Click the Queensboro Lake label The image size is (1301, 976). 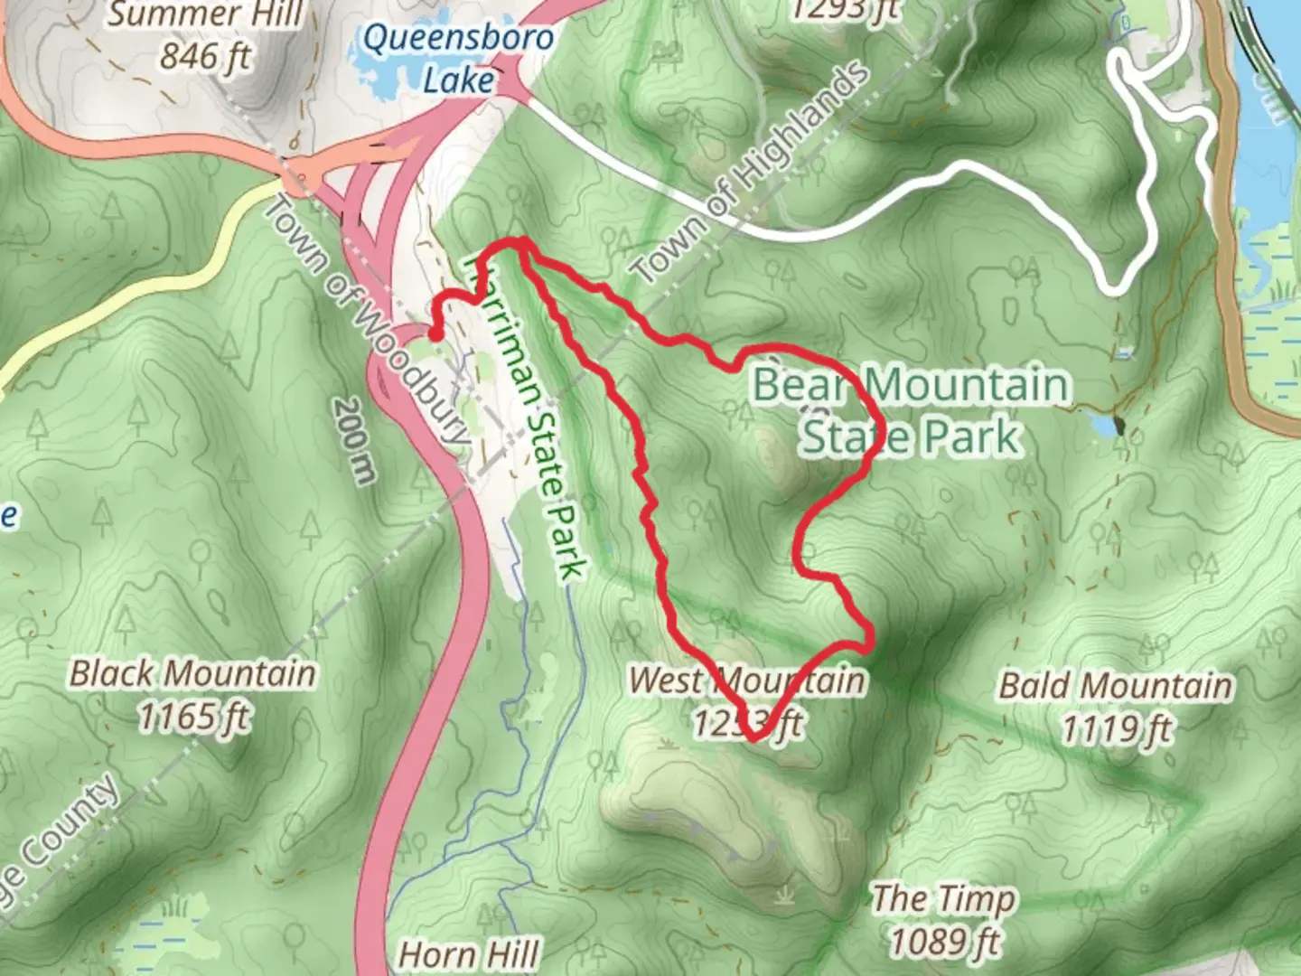pos(457,59)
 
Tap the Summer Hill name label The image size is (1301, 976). pos(206,14)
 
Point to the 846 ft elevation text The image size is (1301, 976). pos(206,56)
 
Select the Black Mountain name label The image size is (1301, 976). pos(193,674)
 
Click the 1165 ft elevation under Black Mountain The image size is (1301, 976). pos(193,717)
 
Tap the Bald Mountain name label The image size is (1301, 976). pos(1115,685)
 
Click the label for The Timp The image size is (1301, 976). pos(943,899)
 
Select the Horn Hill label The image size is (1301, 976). pos(469,954)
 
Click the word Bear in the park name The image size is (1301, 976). pos(799,385)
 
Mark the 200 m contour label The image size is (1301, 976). pos(354,441)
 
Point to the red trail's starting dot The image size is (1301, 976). pos(435,335)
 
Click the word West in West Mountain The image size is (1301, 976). pos(666,680)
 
